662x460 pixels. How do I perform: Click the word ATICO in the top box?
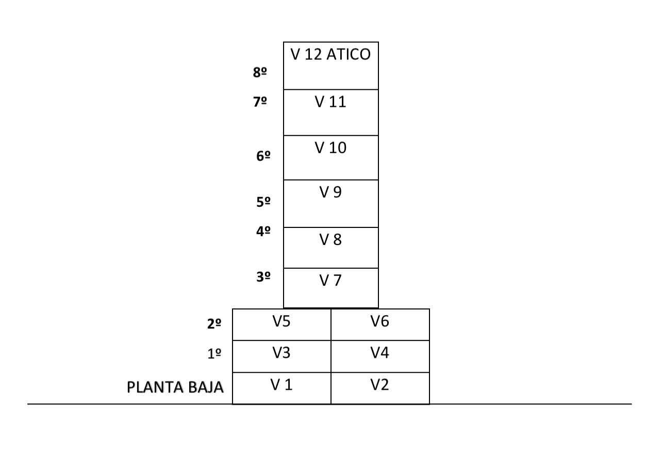pos(349,54)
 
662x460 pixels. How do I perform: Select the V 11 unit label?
pos(330,102)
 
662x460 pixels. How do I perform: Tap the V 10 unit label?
pos(330,147)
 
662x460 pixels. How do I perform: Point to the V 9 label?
pos(330,192)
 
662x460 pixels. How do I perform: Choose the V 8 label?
pos(330,239)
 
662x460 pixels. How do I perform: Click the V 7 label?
pos(330,280)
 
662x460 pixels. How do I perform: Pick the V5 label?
pos(282,321)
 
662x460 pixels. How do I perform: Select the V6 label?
pos(380,321)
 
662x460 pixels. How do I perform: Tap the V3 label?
pos(282,353)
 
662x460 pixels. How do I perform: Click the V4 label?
pos(380,353)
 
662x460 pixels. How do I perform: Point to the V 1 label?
pos(282,385)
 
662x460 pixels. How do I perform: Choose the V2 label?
pos(380,385)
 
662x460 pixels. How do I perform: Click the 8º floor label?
pos(260,72)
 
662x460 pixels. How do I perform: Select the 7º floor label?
pos(260,102)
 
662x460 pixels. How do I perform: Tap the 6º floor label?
pos(263,156)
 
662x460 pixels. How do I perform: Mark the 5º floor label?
pos(263,202)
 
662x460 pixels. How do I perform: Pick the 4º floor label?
pos(263,231)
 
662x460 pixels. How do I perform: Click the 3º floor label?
pos(263,277)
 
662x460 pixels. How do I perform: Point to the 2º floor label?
pos(214,324)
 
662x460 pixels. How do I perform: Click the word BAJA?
pos(206,387)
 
